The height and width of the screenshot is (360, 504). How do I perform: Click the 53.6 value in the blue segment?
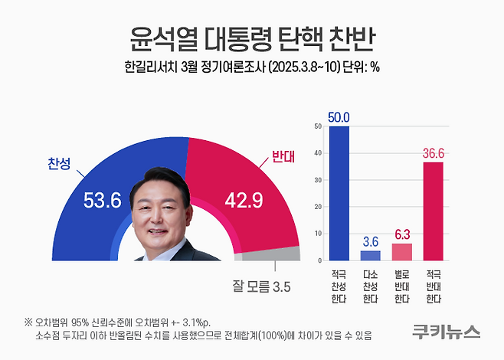coord(102,201)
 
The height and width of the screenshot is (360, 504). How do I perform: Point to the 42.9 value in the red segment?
coord(246,201)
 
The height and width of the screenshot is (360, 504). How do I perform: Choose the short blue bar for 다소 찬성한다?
coord(370,255)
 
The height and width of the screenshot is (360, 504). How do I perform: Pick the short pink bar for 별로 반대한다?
coord(401,252)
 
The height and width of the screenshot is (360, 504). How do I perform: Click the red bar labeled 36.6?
coord(433,211)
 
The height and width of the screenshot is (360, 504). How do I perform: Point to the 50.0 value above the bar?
coord(339,117)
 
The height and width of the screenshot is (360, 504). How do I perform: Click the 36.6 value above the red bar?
coord(433,154)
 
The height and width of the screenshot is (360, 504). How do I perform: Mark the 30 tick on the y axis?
coord(317,181)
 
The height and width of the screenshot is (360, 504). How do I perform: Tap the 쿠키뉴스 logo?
coord(444,331)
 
